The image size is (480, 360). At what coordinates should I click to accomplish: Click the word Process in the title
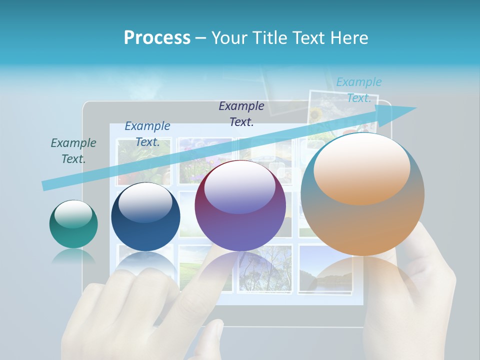coord(157,38)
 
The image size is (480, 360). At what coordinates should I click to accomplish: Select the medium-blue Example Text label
coord(147,134)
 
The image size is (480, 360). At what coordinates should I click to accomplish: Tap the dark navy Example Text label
coord(241,114)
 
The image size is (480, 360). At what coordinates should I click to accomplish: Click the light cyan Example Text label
coord(358,90)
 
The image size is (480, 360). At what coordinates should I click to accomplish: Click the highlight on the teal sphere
coord(73,214)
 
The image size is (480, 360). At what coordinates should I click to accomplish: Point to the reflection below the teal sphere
coord(73,256)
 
